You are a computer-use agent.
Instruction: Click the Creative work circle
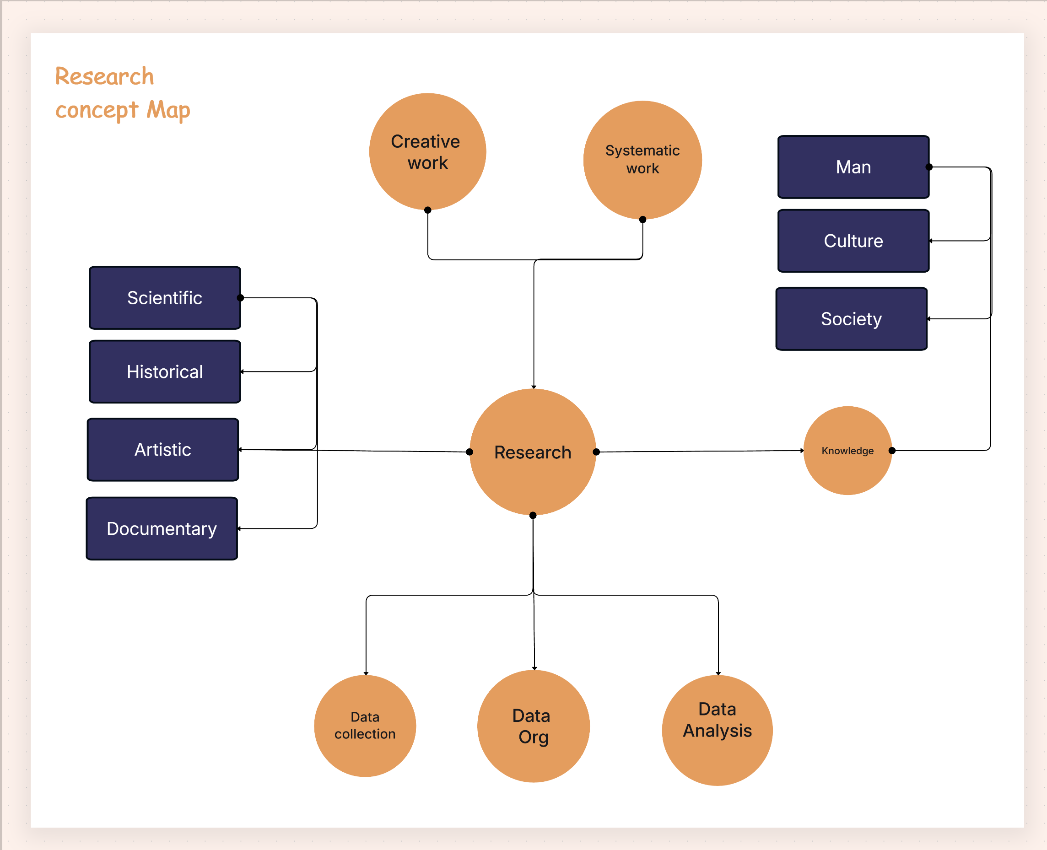point(427,152)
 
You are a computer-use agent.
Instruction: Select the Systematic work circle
point(642,160)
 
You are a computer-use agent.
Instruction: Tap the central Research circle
point(532,452)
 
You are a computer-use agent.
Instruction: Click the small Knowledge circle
point(847,451)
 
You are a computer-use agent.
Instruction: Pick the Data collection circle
point(365,726)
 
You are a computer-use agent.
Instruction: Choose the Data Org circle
point(533,726)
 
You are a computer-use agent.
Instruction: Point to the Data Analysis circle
point(717,730)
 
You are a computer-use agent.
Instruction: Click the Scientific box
point(165,298)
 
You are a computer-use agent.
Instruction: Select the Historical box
point(165,371)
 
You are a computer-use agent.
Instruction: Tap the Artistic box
point(162,450)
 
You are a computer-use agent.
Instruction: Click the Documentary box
point(162,529)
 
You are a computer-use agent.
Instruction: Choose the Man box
point(853,167)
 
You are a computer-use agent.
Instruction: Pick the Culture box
point(853,241)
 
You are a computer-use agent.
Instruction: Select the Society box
point(851,319)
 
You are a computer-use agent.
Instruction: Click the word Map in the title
point(168,110)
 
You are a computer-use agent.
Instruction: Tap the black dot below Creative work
point(427,210)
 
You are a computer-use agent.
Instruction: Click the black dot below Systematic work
point(642,219)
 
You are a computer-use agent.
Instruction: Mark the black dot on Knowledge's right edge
point(892,451)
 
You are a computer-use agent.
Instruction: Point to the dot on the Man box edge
point(928,167)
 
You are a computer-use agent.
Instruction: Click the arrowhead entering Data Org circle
point(534,668)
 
